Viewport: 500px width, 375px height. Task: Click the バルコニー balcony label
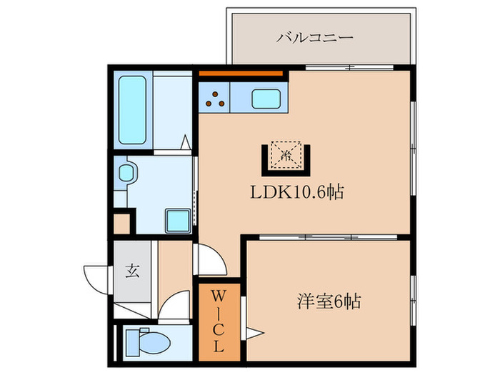(x=315, y=36)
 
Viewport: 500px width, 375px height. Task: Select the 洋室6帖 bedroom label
(x=329, y=302)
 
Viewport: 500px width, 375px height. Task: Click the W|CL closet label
(x=219, y=320)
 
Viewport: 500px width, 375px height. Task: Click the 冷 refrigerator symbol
(x=287, y=154)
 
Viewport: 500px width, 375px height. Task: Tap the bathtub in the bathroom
(x=133, y=110)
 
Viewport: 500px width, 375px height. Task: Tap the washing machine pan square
(x=176, y=219)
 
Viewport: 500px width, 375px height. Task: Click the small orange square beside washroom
(x=122, y=222)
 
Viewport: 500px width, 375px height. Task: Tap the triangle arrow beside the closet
(x=254, y=331)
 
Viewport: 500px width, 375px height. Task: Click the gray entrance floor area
(x=132, y=282)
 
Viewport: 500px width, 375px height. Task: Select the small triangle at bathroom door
(x=184, y=143)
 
